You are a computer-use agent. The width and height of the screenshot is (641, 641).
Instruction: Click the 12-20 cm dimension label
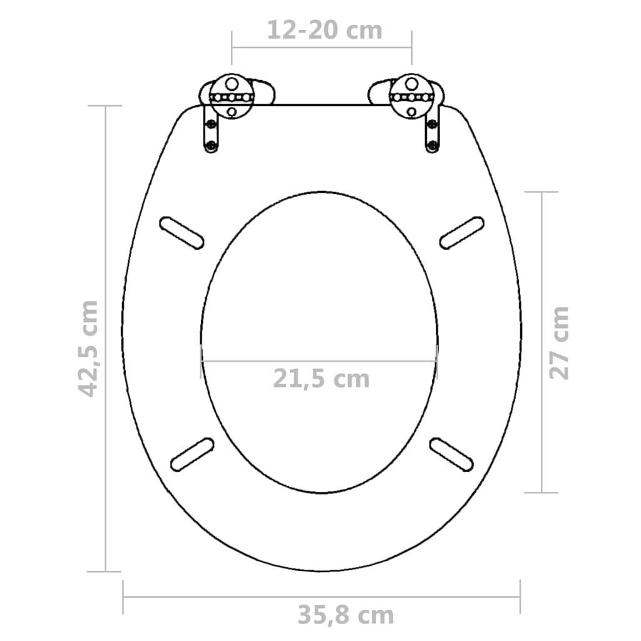324,29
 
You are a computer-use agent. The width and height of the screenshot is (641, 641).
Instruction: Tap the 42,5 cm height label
88,348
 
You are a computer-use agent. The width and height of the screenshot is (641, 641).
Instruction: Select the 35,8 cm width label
346,615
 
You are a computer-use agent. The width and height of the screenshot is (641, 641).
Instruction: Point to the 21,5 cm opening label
321,379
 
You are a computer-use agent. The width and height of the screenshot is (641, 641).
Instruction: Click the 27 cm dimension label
559,343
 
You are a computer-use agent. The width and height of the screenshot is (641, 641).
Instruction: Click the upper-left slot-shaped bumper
182,232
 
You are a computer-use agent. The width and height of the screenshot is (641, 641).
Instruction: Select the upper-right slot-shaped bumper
462,232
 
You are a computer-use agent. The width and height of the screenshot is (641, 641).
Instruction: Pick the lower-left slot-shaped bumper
192,453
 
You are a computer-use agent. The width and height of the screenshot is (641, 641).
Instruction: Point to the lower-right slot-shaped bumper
451,453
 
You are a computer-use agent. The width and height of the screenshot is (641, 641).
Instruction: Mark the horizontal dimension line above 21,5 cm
319,361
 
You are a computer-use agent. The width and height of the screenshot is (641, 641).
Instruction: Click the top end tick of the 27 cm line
541,192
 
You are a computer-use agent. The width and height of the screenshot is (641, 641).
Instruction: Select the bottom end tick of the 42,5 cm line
105,571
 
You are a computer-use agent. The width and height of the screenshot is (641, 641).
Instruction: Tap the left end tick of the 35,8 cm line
124,597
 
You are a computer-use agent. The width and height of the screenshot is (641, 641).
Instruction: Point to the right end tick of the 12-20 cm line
411,47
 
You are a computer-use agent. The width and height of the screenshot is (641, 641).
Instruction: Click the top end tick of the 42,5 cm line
105,106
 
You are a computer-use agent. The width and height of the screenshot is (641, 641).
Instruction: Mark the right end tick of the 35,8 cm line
520,597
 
